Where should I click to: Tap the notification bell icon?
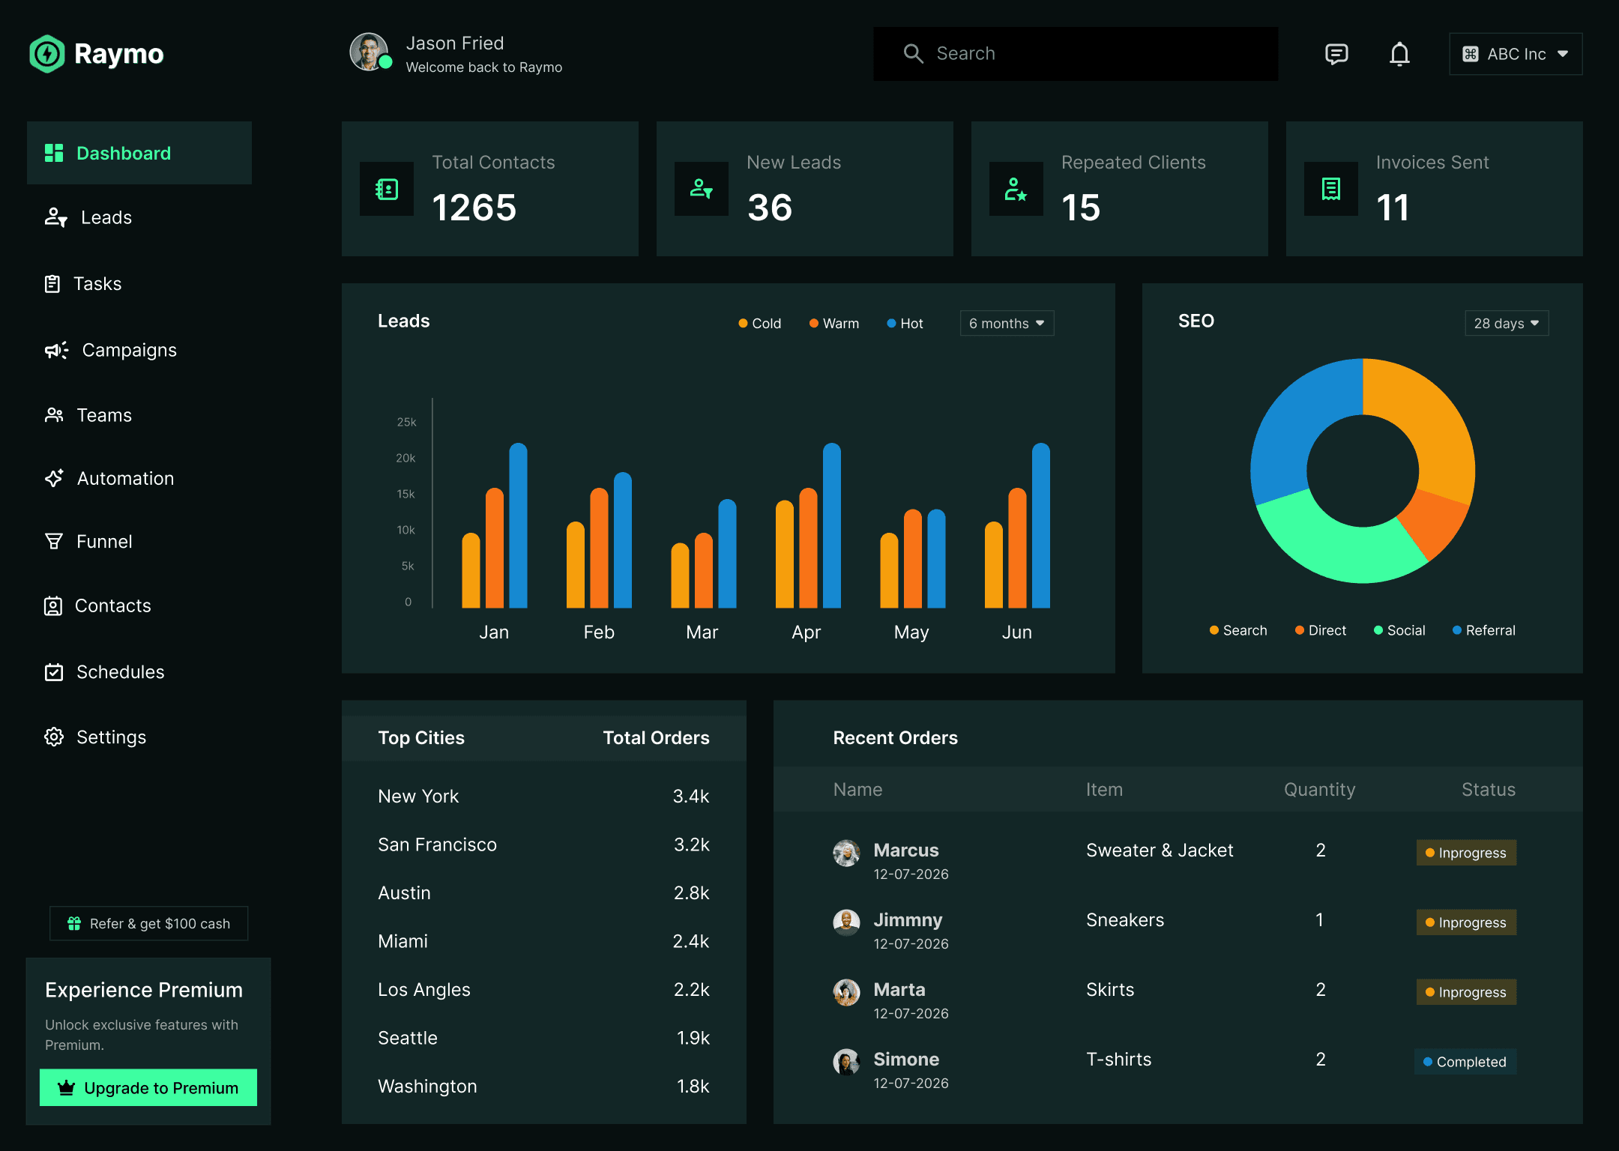coord(1399,54)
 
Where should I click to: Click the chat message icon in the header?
coord(1336,54)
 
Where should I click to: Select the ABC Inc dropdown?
coord(1516,54)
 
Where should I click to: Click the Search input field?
coord(1076,54)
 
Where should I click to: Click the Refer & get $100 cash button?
coord(148,923)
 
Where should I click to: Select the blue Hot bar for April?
coord(831,525)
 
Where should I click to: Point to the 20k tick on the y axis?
coord(405,458)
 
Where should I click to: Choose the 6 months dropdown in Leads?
coord(1007,323)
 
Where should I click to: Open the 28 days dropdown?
coord(1506,323)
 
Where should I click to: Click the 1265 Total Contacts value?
coord(474,208)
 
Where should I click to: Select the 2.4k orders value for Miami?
coord(690,941)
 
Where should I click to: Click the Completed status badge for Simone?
coord(1465,1062)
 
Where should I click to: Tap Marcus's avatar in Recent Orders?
coord(846,853)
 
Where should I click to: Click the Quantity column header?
coord(1319,790)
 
